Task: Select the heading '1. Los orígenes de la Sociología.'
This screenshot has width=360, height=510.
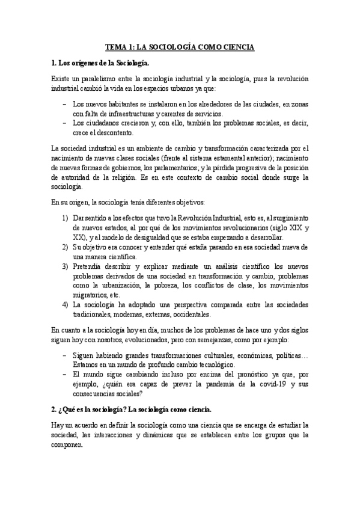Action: point(101,63)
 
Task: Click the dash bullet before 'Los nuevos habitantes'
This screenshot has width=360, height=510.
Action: point(64,105)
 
